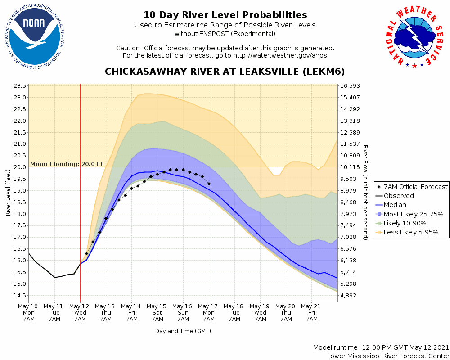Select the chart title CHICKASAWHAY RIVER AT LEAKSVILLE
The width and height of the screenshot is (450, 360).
[x=225, y=72]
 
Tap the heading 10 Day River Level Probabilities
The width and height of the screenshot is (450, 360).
[x=225, y=15]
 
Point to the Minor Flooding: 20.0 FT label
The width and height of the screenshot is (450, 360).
[x=67, y=164]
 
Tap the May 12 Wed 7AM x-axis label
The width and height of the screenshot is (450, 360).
[x=80, y=312]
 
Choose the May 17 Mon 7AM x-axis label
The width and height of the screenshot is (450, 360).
[x=209, y=312]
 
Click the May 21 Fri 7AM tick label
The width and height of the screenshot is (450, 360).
[x=311, y=312]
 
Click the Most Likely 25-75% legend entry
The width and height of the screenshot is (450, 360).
[x=410, y=214]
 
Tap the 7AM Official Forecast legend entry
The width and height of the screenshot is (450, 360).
[x=412, y=187]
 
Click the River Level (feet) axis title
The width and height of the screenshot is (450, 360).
[x=8, y=193]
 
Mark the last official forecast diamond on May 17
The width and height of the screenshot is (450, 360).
[x=209, y=184]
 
